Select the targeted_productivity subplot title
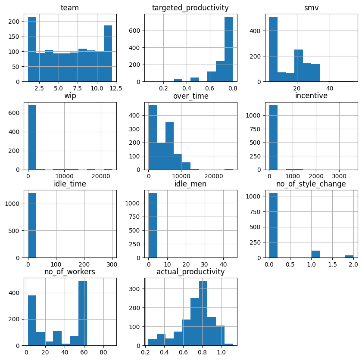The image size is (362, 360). point(190,8)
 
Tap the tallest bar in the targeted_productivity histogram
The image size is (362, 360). point(228,50)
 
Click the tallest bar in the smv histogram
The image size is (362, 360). point(273,50)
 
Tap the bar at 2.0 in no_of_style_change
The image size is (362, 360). point(349,256)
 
